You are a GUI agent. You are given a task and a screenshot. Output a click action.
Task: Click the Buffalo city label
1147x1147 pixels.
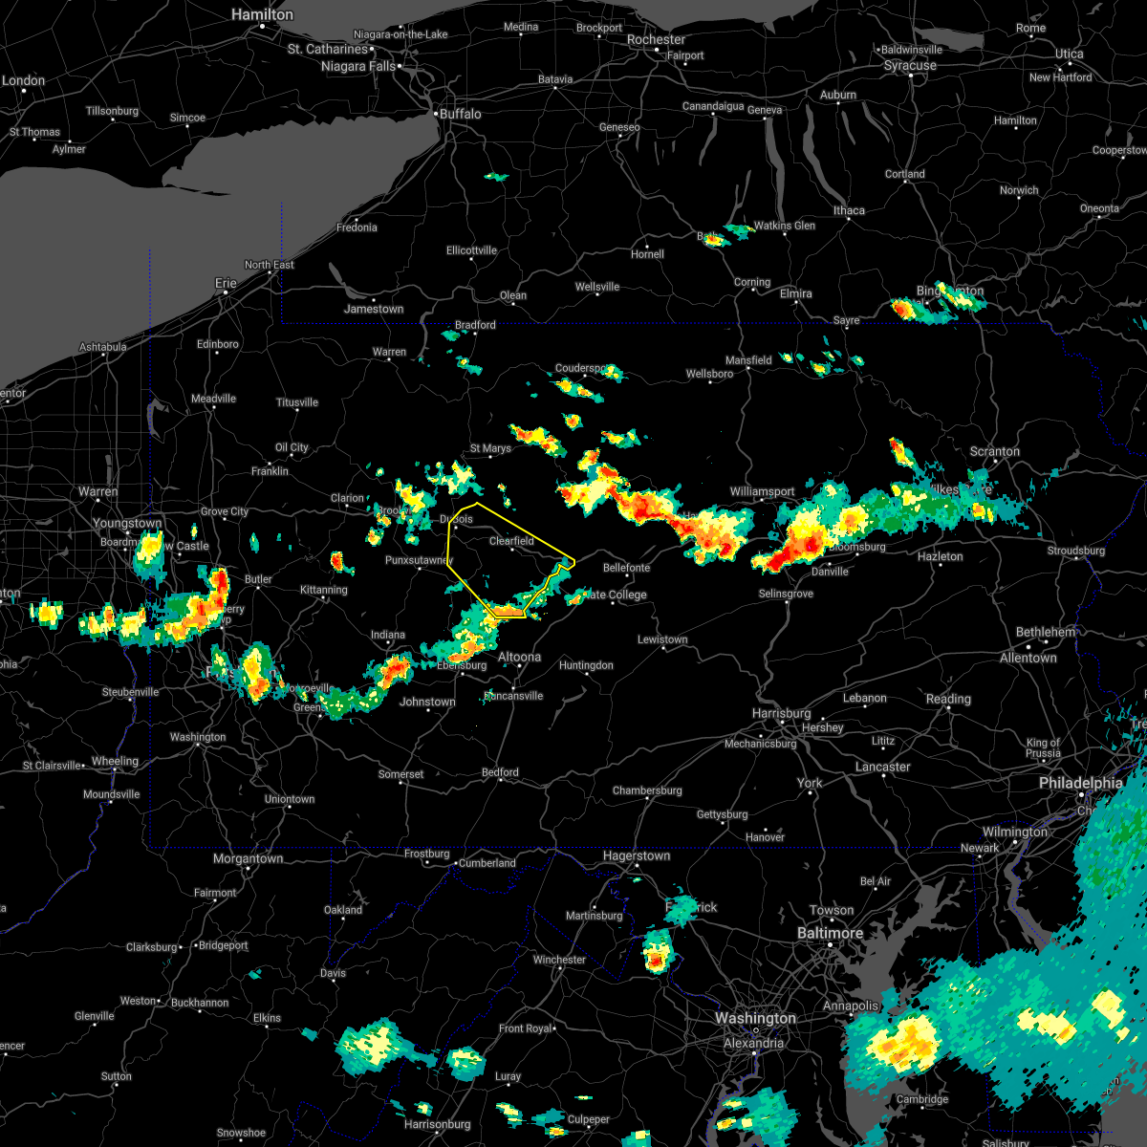pos(460,114)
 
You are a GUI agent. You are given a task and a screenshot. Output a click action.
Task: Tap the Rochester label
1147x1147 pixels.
pos(656,40)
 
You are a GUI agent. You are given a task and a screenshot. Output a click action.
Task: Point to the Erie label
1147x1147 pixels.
pos(226,283)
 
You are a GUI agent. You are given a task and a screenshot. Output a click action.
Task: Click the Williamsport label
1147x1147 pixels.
pos(762,491)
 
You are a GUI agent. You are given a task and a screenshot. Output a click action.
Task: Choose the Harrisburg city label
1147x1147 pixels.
pos(781,713)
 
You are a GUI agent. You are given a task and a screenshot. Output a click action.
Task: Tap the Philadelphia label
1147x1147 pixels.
pos(1081,783)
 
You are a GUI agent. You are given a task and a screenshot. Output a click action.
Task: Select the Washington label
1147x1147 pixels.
pos(755,1019)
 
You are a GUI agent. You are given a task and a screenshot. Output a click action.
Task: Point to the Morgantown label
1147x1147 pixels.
pos(248,858)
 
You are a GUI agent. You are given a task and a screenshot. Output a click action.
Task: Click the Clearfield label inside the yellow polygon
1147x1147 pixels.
pos(511,541)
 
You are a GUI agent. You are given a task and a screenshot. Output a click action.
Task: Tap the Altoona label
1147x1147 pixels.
pos(519,657)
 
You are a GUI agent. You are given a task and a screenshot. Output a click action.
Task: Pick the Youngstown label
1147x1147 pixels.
pos(127,524)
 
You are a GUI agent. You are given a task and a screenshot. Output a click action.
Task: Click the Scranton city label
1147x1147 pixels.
pos(994,451)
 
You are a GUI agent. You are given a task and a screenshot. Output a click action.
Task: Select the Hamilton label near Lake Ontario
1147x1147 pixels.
pos(263,15)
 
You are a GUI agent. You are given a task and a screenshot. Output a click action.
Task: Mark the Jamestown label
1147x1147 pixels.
pos(374,309)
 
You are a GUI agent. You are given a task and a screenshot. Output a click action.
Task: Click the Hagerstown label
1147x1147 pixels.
pos(636,856)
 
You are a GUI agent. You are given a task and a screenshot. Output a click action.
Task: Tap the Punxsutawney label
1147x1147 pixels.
pos(419,560)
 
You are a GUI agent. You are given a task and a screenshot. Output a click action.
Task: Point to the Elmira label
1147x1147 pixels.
pos(795,293)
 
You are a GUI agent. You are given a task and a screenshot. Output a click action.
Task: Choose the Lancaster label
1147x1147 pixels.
pos(882,767)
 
